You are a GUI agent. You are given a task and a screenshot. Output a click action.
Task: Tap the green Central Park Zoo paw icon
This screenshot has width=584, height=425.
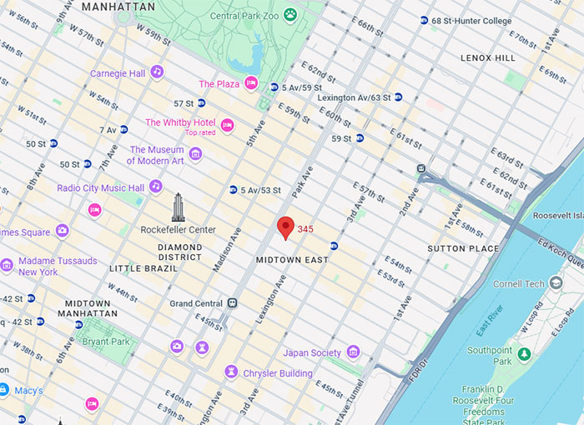[289, 14]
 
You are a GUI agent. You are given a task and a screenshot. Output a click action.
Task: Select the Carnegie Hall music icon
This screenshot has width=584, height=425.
[157, 73]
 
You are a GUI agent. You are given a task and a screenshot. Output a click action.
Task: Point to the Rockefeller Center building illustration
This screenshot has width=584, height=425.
[178, 207]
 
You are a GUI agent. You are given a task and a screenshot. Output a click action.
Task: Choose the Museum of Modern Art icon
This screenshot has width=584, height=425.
[195, 154]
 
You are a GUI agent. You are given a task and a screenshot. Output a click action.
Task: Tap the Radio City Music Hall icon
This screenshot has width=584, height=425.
[156, 187]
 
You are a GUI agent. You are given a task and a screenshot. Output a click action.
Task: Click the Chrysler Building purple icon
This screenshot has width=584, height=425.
[230, 372]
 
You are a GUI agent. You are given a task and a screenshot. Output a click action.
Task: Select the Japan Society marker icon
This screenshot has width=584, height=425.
[353, 352]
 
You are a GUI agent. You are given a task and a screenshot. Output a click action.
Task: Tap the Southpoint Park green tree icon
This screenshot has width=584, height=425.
[524, 356]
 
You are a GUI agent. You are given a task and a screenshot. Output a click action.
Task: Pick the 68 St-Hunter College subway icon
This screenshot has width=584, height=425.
[425, 20]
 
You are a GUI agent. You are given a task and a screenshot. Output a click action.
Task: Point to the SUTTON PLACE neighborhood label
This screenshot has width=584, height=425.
[463, 248]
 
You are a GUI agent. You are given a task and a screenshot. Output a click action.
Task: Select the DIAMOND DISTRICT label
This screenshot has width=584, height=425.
[180, 252]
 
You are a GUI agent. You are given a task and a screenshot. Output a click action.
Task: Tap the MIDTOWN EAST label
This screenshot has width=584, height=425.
[292, 260]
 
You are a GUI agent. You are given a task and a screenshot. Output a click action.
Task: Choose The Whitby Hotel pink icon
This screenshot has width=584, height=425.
[227, 125]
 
